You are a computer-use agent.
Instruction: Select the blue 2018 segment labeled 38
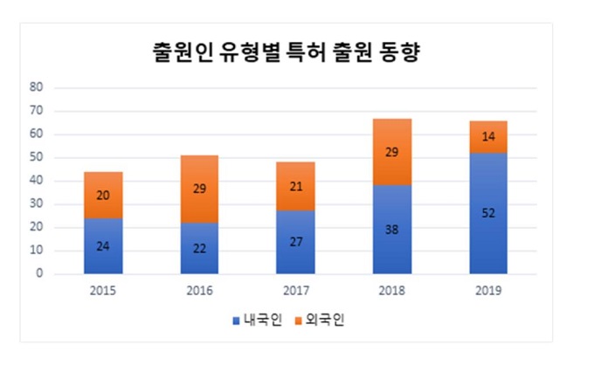point(392,230)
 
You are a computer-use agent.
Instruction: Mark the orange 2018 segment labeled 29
point(392,151)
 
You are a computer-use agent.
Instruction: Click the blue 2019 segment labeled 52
point(487,213)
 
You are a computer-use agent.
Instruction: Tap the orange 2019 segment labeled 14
point(487,137)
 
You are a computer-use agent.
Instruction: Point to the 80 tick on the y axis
point(37,87)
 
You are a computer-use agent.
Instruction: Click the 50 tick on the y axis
point(37,158)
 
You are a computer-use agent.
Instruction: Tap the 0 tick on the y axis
point(39,274)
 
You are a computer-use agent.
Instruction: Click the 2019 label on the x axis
point(487,288)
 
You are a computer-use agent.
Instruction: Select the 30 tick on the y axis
point(37,204)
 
